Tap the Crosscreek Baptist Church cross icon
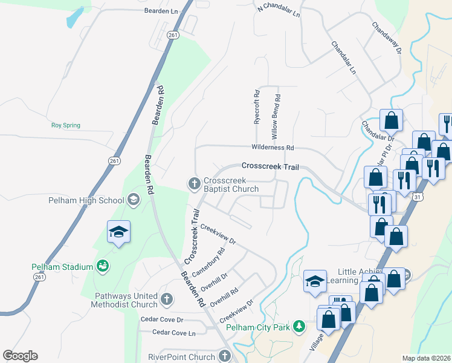(x=195, y=182)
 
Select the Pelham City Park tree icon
(x=298, y=327)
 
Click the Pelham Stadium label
(x=62, y=267)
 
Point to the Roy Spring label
(x=65, y=126)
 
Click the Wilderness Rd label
(x=273, y=148)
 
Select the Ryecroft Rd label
(x=257, y=107)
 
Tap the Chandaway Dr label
(x=387, y=38)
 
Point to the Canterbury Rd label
(x=208, y=262)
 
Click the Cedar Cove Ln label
(x=174, y=332)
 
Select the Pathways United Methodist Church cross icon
(x=167, y=299)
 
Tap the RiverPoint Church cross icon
(x=225, y=356)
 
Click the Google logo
(x=20, y=356)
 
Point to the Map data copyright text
(x=426, y=358)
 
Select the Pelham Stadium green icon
(x=103, y=266)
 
